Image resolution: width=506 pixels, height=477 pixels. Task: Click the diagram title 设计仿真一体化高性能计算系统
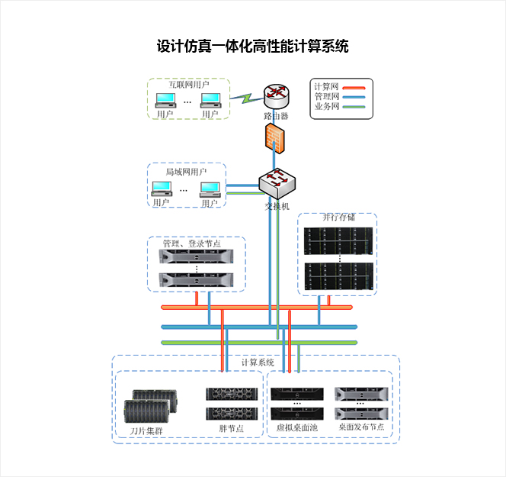pyautogui.click(x=252, y=47)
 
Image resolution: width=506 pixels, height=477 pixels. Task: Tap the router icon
pyautogui.click(x=277, y=96)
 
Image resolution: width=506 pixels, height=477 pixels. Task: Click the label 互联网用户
pyautogui.click(x=188, y=85)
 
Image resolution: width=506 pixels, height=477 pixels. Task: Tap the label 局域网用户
pyautogui.click(x=186, y=172)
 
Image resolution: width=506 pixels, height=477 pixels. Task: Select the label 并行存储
pyautogui.click(x=338, y=218)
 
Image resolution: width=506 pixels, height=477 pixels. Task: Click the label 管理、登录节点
pyautogui.click(x=191, y=244)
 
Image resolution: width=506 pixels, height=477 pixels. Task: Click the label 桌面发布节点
pyautogui.click(x=361, y=428)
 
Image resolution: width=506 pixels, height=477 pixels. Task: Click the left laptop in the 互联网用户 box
pyautogui.click(x=165, y=102)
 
